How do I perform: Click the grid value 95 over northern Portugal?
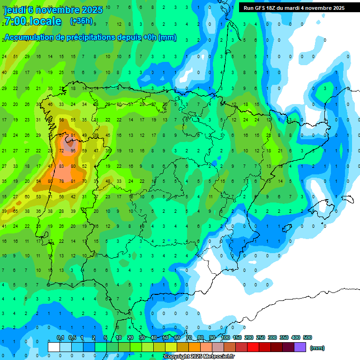point(73,151)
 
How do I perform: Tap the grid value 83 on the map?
point(61,166)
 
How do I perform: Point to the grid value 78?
point(61,181)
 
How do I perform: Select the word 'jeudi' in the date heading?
point(15,9)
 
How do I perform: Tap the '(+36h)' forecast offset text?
point(81,21)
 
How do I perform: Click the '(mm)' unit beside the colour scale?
point(317,348)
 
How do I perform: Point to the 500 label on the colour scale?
point(307,337)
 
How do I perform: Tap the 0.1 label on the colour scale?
point(60,337)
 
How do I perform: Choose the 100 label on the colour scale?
point(225,337)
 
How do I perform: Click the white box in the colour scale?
point(54,347)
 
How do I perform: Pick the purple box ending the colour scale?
point(300,347)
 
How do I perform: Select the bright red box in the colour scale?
point(253,347)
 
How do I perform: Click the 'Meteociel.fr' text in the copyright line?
point(219,357)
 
